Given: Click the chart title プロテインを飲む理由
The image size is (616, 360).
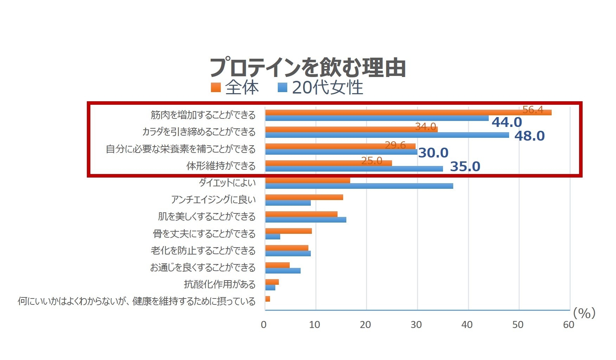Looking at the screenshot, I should click(308, 67).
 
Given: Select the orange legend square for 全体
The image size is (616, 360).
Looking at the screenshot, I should click(216, 88).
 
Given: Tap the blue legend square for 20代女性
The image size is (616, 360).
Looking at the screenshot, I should click(282, 88).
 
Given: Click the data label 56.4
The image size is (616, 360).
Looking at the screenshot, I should click(533, 110).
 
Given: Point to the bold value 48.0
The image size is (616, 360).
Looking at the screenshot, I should click(530, 136).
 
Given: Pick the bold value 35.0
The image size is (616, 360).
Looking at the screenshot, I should click(465, 167).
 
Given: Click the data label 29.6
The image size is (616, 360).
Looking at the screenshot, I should click(395, 145).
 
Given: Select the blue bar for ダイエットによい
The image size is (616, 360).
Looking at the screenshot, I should click(359, 186).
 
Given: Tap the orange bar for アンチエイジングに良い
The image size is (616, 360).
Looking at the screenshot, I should click(304, 197).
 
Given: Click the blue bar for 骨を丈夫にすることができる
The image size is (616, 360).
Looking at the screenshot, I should click(273, 237).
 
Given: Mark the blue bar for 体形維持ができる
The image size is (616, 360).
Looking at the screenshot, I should click(354, 169).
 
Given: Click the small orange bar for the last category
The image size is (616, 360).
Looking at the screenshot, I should click(268, 299).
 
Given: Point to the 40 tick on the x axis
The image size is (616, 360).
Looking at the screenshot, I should click(467, 324).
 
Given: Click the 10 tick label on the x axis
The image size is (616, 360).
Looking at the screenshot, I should click(314, 324).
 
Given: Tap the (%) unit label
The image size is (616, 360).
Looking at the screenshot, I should click(584, 313).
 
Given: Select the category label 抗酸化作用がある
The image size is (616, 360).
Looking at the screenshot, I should click(220, 284).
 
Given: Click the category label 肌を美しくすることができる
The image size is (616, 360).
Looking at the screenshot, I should click(207, 216).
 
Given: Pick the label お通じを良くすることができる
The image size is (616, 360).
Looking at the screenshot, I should click(203, 268).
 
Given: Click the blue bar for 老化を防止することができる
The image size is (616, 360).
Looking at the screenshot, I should click(288, 253).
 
